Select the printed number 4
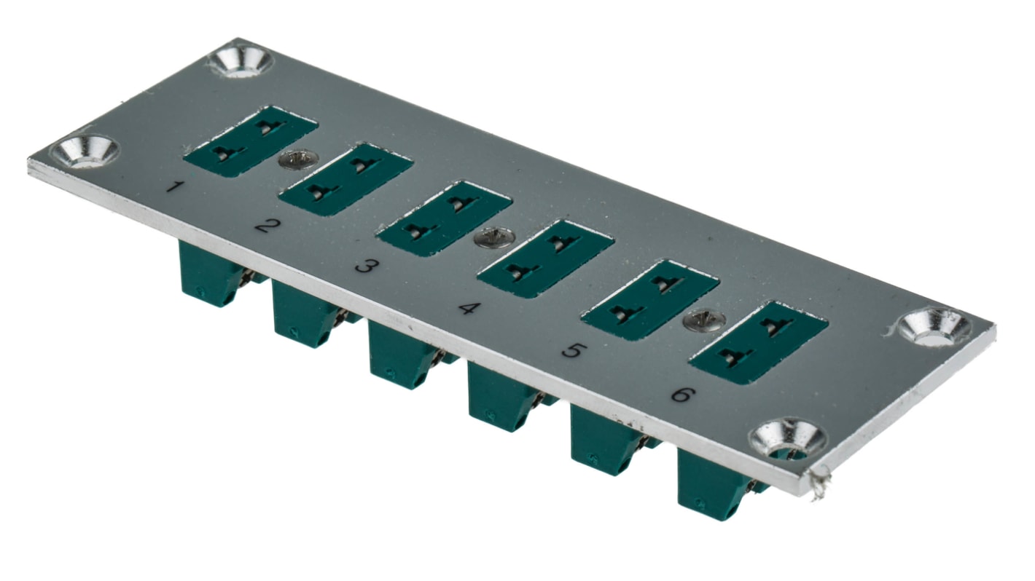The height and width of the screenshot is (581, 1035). tap(467, 308)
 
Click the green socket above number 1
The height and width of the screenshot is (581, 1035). tap(250, 140)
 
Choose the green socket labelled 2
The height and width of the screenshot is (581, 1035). tap(345, 179)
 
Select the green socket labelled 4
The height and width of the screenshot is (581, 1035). tap(544, 258)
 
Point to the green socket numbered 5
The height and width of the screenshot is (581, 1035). tap(650, 300)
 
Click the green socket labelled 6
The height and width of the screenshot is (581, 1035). tap(759, 342)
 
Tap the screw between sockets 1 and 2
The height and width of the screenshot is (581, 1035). tap(294, 159)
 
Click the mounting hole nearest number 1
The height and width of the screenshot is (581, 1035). tap(86, 150)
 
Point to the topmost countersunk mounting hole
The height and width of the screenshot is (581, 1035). tap(240, 60)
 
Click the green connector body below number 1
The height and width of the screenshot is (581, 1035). tap(208, 274)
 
